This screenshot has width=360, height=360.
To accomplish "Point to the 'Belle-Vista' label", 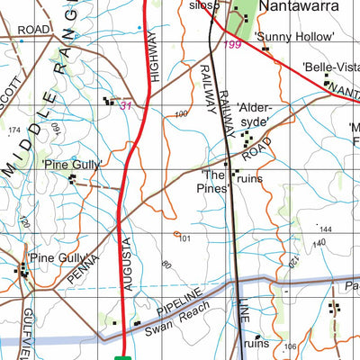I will tap(330, 67).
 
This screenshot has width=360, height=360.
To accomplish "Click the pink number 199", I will tap(232, 44).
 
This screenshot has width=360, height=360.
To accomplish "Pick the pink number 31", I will tap(126, 106).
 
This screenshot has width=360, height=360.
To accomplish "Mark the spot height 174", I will tap(13, 131).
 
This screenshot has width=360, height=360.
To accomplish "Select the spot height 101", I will tap(185, 238).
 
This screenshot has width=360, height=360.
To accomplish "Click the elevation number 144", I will tap(325, 230).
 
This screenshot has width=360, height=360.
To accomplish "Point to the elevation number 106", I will tap(289, 346).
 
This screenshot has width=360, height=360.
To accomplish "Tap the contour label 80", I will tap(166, 265).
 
